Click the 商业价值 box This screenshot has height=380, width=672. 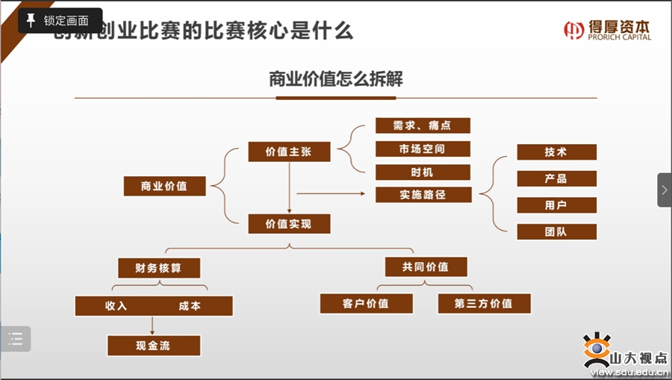pos(165,187)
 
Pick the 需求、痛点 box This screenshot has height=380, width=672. pos(423,125)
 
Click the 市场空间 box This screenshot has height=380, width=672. pos(423,149)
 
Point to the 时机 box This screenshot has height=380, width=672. pos(423,172)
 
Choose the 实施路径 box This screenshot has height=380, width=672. pos(423,195)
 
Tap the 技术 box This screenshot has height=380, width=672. pos(556,152)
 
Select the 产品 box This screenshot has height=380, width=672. pos(556,179)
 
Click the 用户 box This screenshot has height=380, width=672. pos(556,205)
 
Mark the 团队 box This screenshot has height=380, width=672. pos(556,231)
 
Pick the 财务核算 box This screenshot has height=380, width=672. pos(159,267)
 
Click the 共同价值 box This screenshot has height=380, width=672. pos(426,267)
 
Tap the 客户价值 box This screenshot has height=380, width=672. pos(366,304)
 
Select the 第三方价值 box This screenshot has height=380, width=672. pos(484,304)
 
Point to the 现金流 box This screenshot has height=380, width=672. pos(154,346)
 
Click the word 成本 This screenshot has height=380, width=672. pos(190,306)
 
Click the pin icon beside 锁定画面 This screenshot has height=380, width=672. pos(31,20)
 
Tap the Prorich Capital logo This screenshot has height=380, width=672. pos(607,30)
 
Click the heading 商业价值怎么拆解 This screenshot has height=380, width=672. pos(335,79)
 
